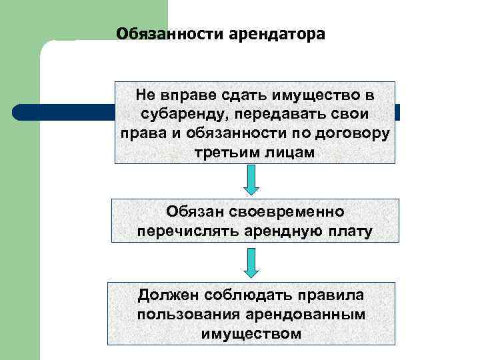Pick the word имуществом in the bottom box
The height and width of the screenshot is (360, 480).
click(251, 333)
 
